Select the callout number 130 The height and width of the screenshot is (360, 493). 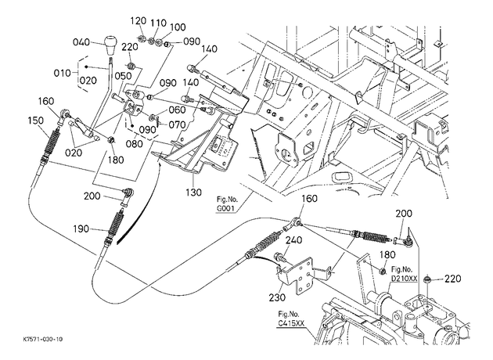pyautogui.click(x=194, y=192)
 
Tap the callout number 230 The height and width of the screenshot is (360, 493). pyautogui.click(x=277, y=297)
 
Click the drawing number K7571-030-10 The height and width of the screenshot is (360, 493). pyautogui.click(x=43, y=339)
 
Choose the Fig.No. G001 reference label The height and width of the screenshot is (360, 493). pyautogui.click(x=227, y=203)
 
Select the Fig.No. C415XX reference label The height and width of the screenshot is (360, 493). pyautogui.click(x=289, y=319)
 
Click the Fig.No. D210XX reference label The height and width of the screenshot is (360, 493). pyautogui.click(x=403, y=274)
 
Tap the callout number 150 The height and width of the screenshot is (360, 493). pyautogui.click(x=35, y=121)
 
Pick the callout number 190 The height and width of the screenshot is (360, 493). pyautogui.click(x=81, y=229)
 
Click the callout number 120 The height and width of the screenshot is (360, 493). pyautogui.click(x=139, y=21)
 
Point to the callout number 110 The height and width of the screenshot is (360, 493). pyautogui.click(x=158, y=23)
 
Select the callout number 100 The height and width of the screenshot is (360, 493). pyautogui.click(x=178, y=27)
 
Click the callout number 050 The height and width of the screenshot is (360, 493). pyautogui.click(x=123, y=76)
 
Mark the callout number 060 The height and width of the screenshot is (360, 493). pyautogui.click(x=178, y=110)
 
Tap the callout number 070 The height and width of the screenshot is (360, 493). pyautogui.click(x=178, y=124)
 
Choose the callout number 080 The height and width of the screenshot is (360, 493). pyautogui.click(x=135, y=144)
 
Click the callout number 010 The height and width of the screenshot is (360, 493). pyautogui.click(x=63, y=74)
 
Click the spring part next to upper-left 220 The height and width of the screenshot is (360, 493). pyautogui.click(x=132, y=66)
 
